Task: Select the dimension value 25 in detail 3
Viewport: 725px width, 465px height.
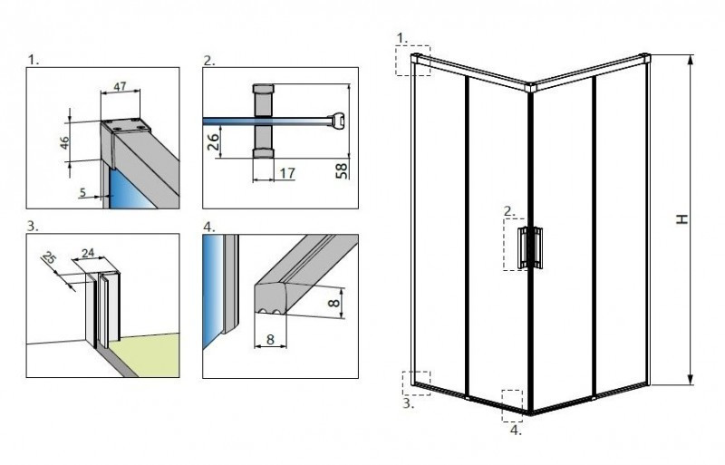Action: [51, 259]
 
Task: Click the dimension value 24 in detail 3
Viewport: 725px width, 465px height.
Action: [88, 254]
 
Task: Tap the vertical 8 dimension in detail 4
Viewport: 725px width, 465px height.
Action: [333, 299]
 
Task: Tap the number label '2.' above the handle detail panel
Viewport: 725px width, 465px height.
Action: [208, 61]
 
